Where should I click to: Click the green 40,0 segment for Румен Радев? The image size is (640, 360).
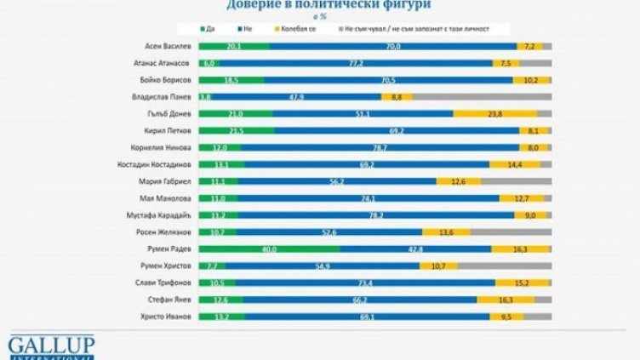pyautogui.click(x=268, y=249)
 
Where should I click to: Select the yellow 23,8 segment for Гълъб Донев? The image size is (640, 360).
pyautogui.click(x=494, y=113)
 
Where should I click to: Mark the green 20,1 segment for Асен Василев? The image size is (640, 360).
pyautogui.click(x=233, y=45)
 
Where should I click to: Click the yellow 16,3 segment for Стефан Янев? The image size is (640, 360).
pyautogui.click(x=506, y=300)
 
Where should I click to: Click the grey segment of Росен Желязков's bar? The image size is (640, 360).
pyautogui.click(x=511, y=231)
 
